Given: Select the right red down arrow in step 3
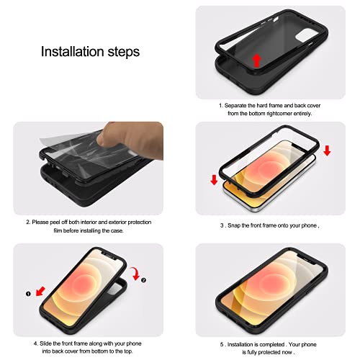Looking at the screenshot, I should (x=328, y=150).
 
